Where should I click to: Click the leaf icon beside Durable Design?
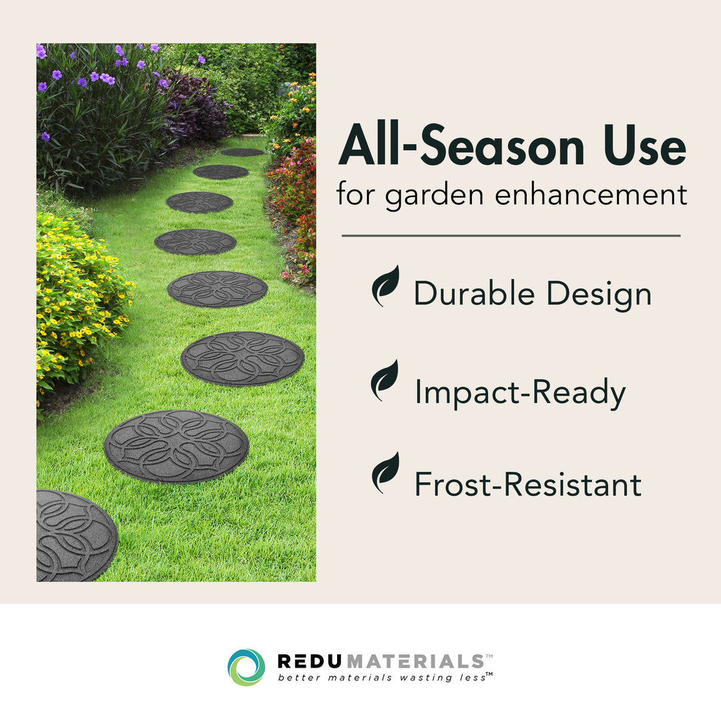pos(385,286)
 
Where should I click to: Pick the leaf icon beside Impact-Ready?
pos(385,381)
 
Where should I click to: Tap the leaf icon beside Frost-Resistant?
pos(385,473)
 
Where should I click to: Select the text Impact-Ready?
pos(520,393)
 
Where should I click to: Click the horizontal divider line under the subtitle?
pos(511,236)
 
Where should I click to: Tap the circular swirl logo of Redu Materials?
pos(246,667)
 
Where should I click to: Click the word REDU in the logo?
pos(310,662)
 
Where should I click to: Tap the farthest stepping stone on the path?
pos(242,152)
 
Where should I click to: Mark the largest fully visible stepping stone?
pos(176,447)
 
